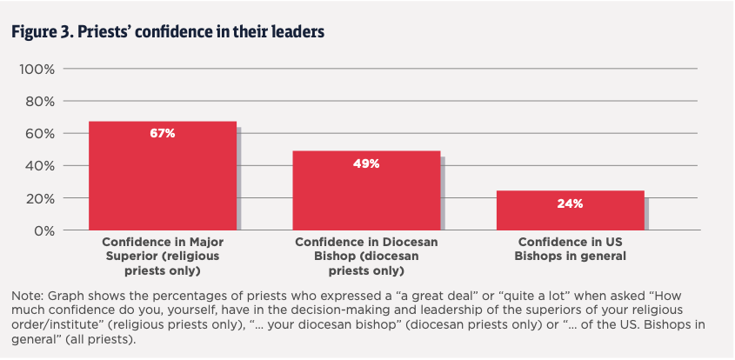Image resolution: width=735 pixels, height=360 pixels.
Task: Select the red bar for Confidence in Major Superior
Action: (162, 183)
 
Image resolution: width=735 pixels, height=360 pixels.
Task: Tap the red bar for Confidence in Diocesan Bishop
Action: (366, 196)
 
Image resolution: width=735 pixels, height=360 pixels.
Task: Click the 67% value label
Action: (163, 133)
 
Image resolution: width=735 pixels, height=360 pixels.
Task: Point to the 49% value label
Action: (366, 163)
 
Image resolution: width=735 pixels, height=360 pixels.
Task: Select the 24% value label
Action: (570, 203)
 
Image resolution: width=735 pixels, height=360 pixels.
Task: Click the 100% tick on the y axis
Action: (37, 69)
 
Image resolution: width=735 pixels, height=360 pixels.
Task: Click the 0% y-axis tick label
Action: (43, 230)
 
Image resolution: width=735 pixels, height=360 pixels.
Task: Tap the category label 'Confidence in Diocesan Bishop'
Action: (365, 250)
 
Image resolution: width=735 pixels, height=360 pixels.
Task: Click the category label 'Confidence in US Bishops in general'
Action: (571, 250)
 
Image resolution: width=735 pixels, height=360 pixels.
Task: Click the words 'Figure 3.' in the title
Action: (38, 32)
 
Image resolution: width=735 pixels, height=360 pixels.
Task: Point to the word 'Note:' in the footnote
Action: (29, 297)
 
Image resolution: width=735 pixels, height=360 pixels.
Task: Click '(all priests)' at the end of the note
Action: (110, 337)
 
